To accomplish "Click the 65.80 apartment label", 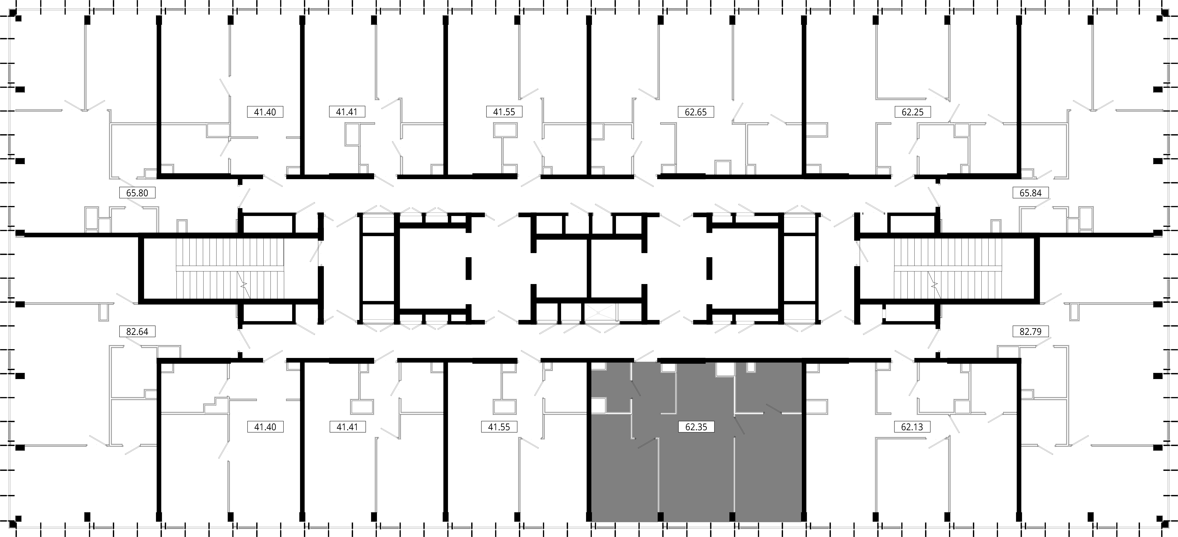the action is [137, 193].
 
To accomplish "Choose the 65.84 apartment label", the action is [1030, 193].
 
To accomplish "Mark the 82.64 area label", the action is [137, 331].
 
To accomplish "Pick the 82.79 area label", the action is [1030, 331].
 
